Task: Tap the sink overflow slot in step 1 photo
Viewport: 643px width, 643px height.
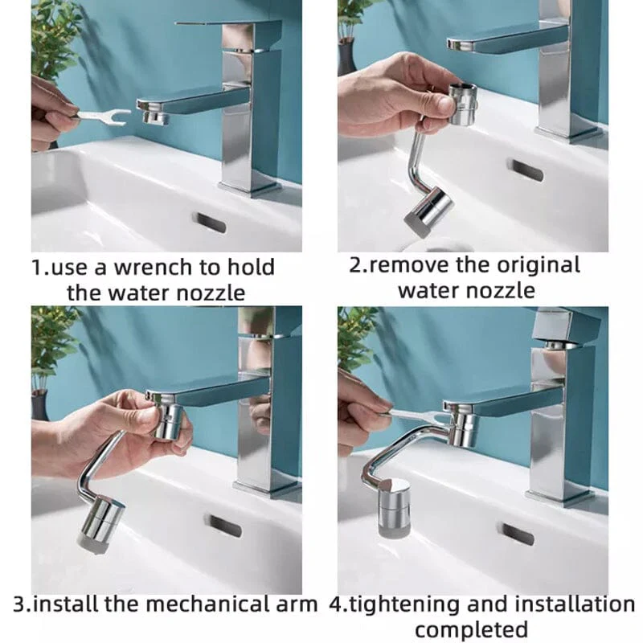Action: point(209,223)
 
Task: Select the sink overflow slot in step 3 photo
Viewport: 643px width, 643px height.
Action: point(225,526)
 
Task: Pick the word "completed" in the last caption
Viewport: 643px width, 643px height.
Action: point(471,629)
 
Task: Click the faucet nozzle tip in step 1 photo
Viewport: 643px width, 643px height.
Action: point(155,117)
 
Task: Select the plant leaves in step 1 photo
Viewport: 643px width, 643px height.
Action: point(55,36)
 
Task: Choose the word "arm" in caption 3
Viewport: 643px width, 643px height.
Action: point(297,604)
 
